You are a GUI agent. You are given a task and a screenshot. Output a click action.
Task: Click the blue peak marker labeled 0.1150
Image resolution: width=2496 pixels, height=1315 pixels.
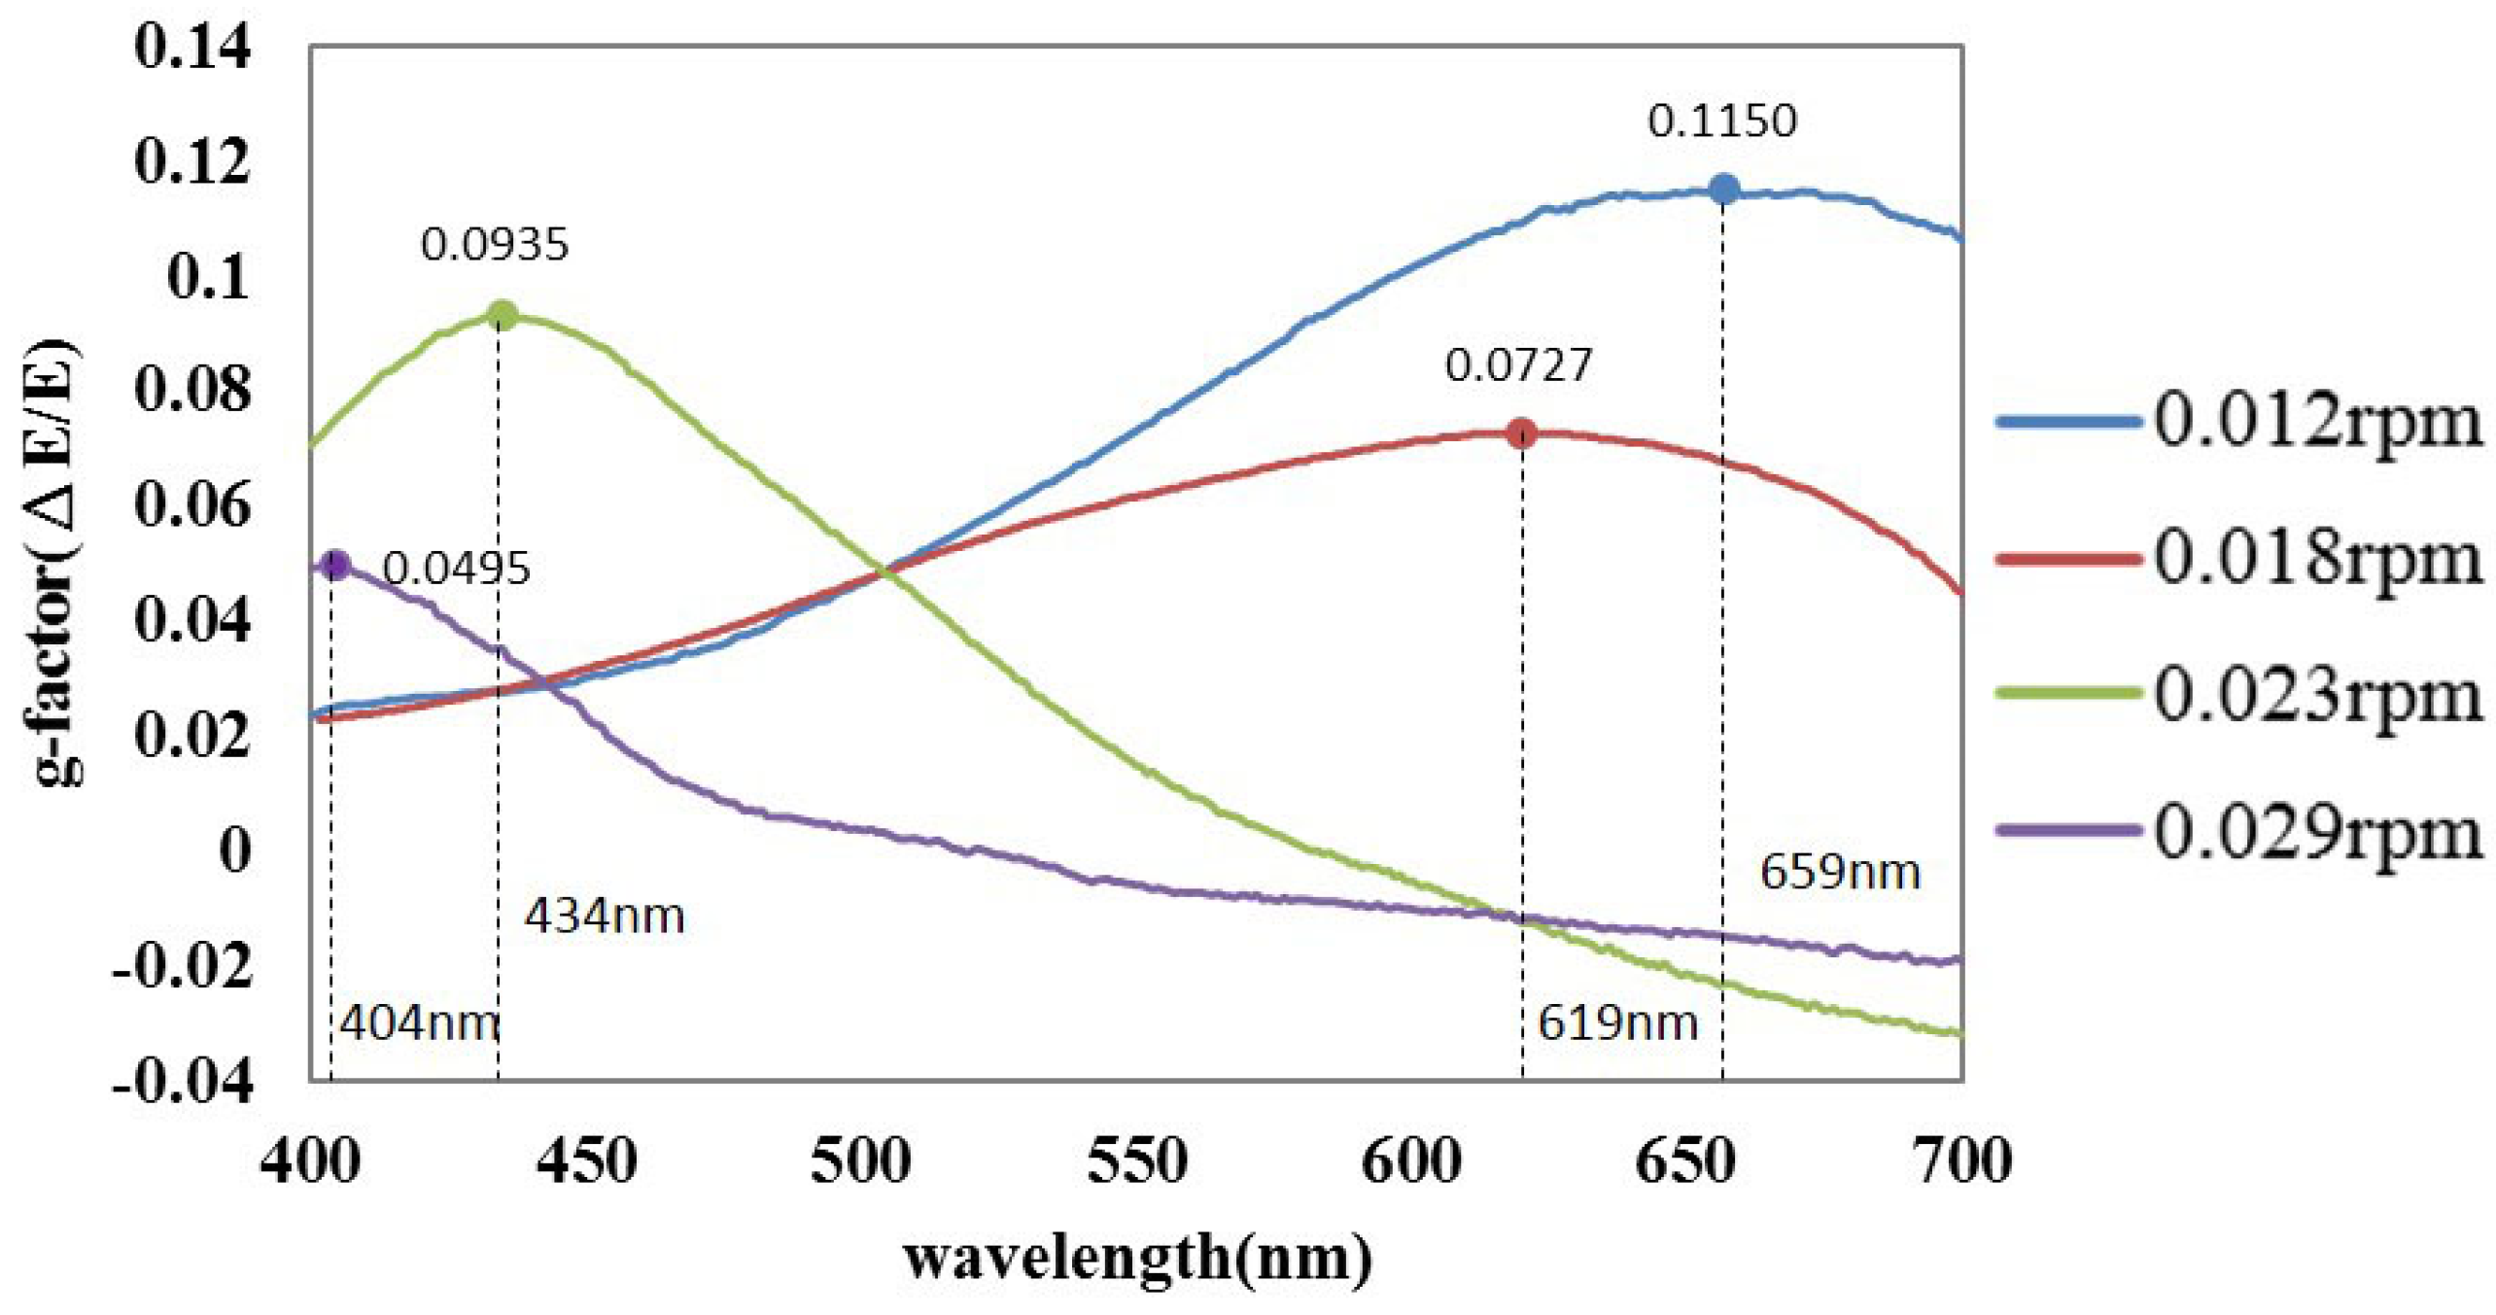point(1723,189)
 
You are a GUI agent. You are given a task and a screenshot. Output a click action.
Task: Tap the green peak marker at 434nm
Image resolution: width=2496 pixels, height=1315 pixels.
point(502,315)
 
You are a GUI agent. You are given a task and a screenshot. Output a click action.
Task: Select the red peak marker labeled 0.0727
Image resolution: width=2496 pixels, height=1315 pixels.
point(1522,433)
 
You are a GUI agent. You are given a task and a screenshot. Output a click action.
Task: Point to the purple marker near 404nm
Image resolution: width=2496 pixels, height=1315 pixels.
point(335,564)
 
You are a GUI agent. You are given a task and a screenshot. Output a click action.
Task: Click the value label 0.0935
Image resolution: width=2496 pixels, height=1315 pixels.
point(494,245)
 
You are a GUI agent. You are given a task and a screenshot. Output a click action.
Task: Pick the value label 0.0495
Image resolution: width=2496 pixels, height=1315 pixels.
point(456,569)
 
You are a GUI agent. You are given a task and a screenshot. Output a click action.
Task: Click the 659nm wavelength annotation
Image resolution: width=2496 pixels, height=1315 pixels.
point(1839,872)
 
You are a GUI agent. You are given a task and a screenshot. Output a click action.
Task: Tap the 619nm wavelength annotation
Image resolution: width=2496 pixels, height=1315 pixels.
point(1616,1023)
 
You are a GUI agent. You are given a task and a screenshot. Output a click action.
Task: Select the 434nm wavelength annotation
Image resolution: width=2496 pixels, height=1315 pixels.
point(604,917)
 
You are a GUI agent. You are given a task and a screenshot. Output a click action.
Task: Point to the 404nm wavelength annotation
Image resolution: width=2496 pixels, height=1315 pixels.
point(419,1023)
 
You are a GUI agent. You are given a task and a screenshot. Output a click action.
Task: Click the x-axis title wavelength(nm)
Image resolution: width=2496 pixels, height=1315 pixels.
point(1137,1259)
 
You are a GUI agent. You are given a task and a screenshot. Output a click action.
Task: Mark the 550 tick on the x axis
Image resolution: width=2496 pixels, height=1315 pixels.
point(1136,1162)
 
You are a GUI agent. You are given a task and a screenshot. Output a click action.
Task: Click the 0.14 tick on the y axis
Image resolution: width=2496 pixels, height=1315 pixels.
point(191,47)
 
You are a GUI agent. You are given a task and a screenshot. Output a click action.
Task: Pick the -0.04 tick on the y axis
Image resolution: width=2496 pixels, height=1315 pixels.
point(182,1080)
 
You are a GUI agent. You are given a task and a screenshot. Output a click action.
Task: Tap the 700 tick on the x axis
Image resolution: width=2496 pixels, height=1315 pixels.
point(1960,1162)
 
